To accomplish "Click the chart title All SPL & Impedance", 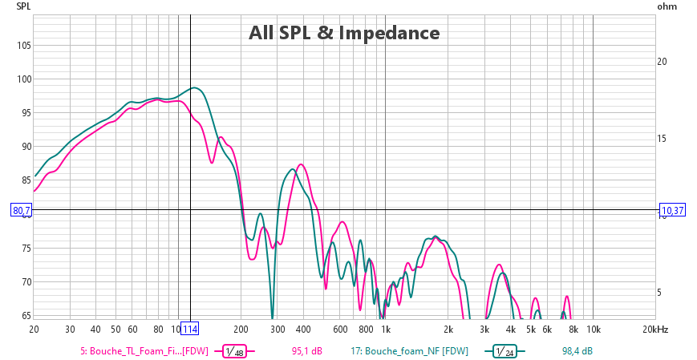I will [x=343, y=33].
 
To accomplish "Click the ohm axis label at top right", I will [x=667, y=6].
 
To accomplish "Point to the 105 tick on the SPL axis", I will [x=23, y=45].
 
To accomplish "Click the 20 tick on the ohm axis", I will [x=663, y=62].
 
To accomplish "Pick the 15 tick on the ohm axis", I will [x=663, y=139].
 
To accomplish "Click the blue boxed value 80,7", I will [x=22, y=211].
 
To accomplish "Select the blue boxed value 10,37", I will [x=672, y=211].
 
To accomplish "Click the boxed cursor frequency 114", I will [x=189, y=330].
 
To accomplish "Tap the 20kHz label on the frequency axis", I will [x=654, y=330].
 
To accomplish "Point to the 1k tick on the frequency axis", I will [x=385, y=330].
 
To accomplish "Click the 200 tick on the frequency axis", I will [x=241, y=330].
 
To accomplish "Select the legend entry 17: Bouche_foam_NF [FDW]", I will [x=409, y=351].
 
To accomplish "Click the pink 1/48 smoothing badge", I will [x=234, y=351].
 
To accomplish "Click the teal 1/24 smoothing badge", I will [x=497, y=351].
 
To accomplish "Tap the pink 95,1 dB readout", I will [x=306, y=351].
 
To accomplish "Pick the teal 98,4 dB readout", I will [x=577, y=351].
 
